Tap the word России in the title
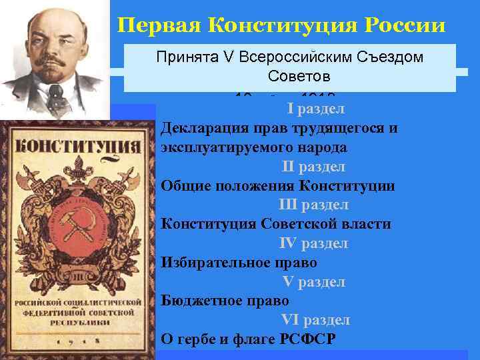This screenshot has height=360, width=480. click(x=405, y=25)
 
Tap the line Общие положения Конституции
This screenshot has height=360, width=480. click(x=278, y=185)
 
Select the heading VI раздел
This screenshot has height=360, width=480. click(x=315, y=320)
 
